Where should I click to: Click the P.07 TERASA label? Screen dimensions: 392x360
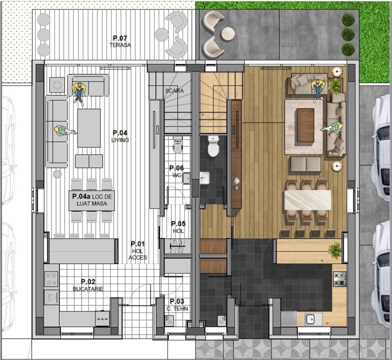(120, 41)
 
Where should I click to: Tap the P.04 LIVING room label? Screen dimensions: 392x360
(120, 136)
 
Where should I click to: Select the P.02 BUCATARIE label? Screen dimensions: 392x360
(88, 285)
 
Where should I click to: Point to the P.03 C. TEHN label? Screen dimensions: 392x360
(177, 305)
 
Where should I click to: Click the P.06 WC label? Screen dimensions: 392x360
(176, 171)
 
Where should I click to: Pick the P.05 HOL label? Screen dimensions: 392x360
(178, 227)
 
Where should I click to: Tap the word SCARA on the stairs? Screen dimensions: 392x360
(174, 90)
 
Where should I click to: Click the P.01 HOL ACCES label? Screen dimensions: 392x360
(137, 250)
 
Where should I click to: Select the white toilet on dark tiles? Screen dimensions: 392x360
(213, 146)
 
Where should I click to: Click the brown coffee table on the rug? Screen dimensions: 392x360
(305, 125)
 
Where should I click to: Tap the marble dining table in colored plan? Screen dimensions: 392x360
(308, 200)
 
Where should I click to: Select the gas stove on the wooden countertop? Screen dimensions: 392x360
(340, 279)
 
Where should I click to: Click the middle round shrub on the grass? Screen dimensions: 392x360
(348, 34)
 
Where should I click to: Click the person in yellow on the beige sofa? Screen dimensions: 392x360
(318, 89)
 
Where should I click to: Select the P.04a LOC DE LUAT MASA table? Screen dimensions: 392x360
(92, 200)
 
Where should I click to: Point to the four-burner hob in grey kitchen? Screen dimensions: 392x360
(51, 279)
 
